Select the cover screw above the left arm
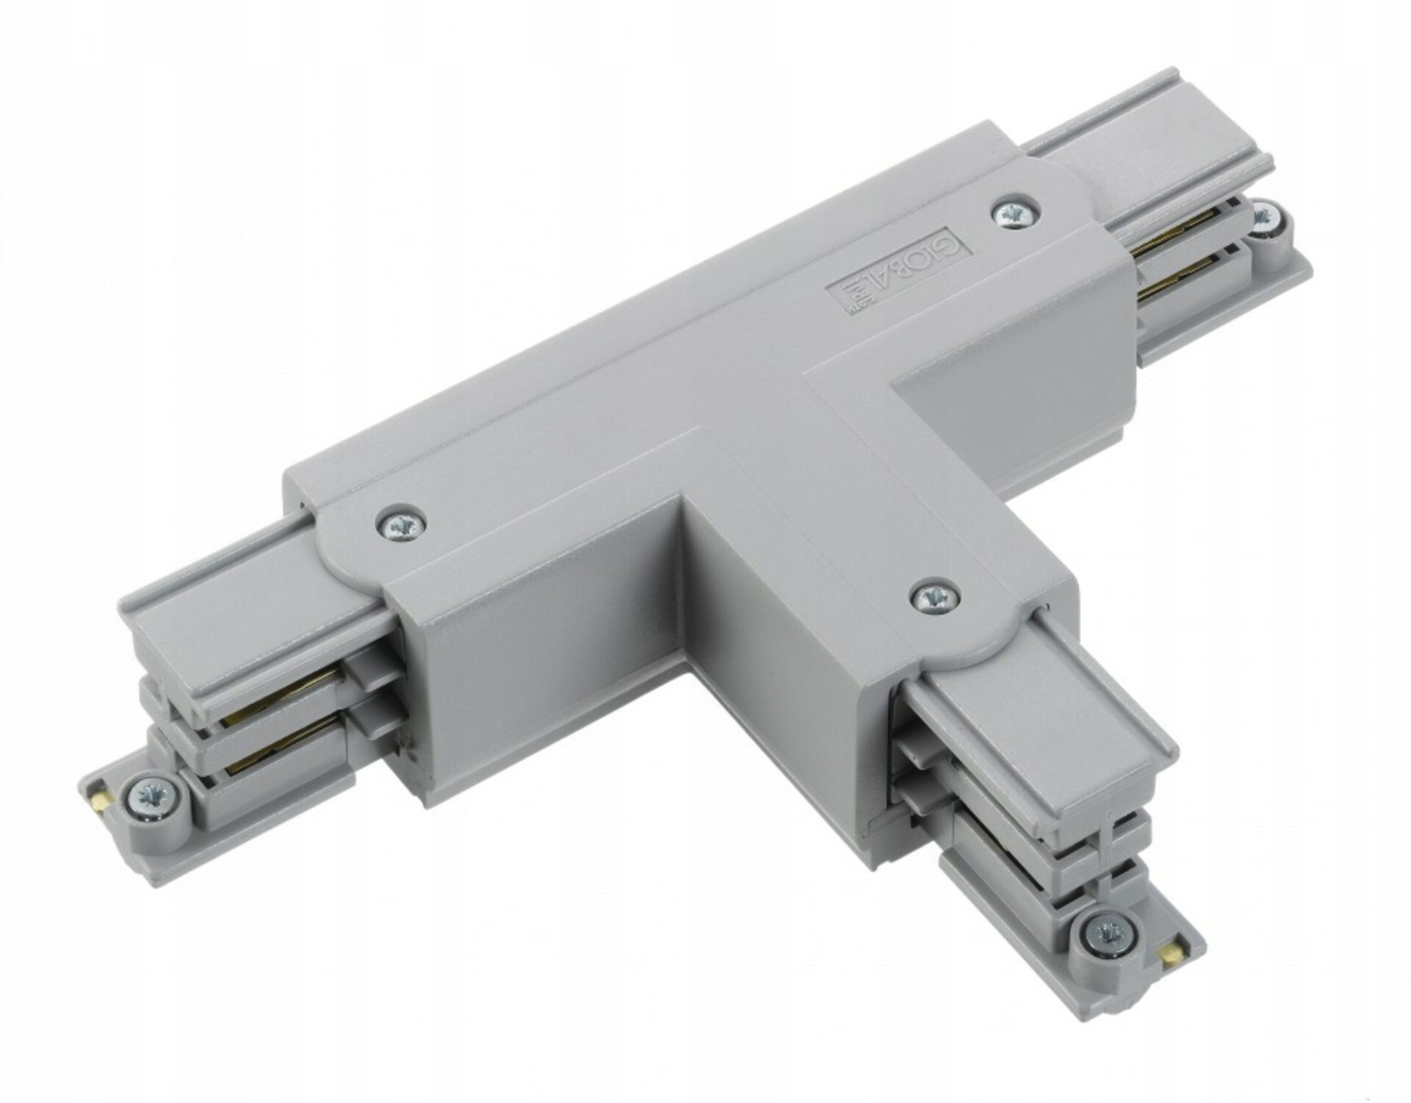click(401, 524)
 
